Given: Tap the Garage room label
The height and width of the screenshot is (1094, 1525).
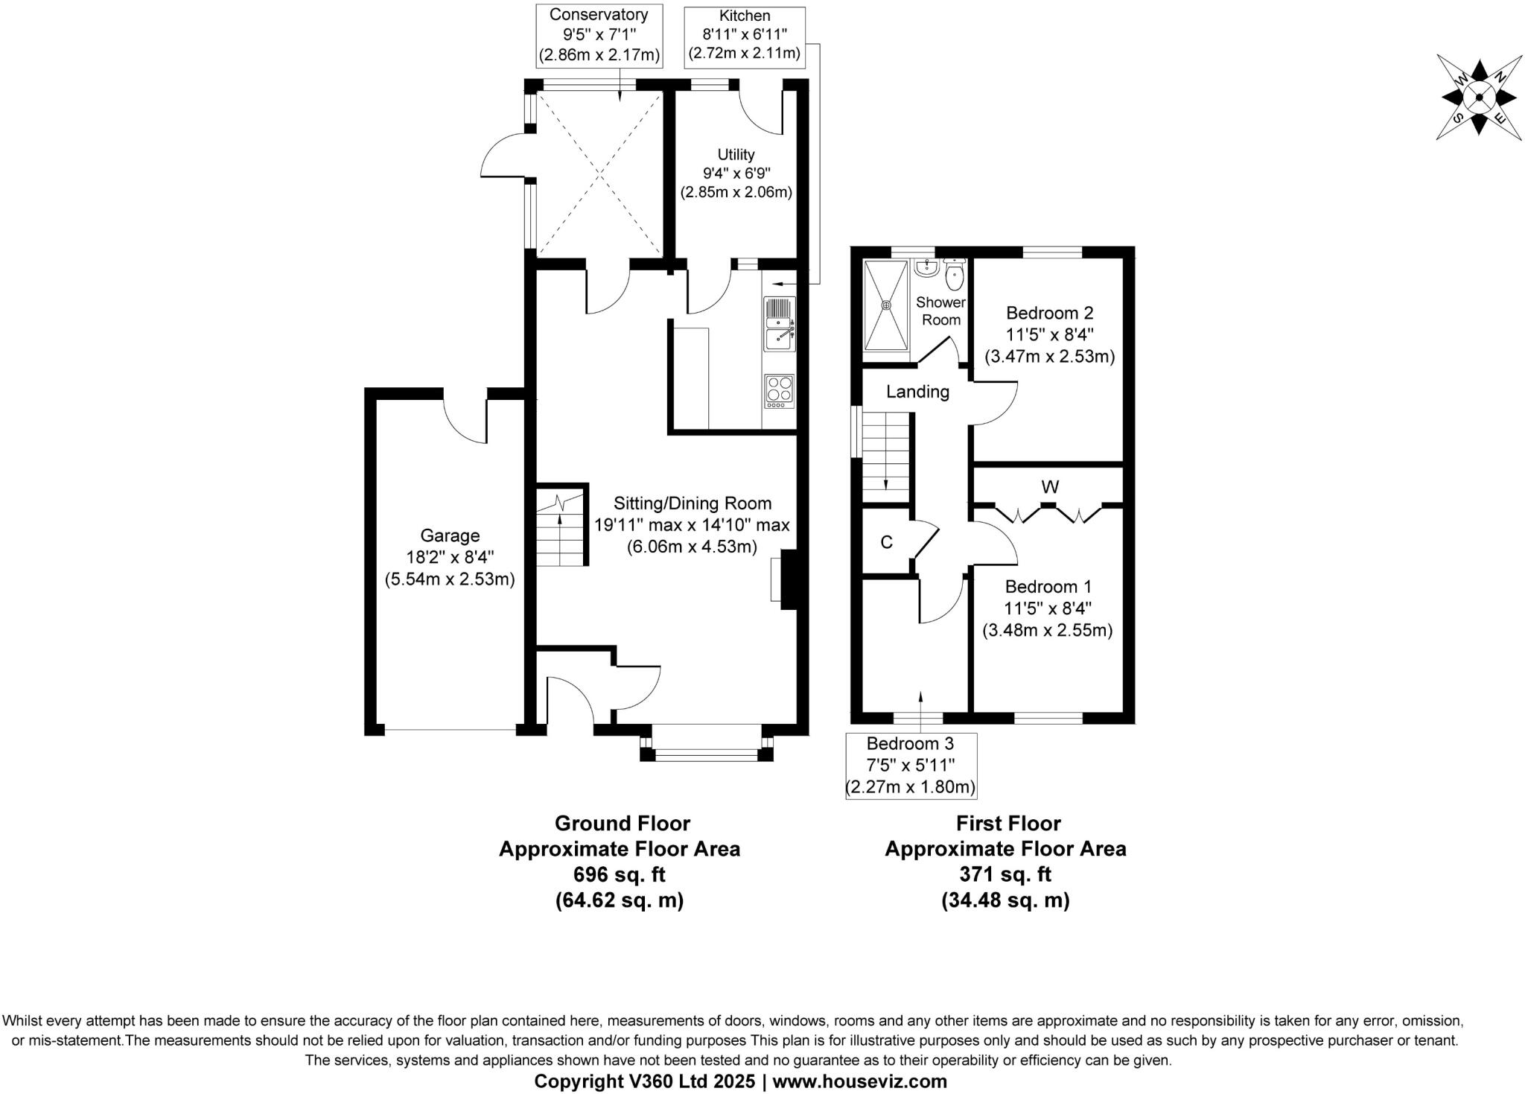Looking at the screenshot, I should tap(450, 535).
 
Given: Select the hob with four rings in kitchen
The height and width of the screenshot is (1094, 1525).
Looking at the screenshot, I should tap(779, 390).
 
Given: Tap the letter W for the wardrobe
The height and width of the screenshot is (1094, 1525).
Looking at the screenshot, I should tap(1050, 487).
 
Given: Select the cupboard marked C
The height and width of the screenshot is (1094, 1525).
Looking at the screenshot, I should tap(886, 542).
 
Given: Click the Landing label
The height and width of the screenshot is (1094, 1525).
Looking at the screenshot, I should tap(917, 392).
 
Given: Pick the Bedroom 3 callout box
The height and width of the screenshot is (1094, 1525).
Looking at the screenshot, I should tap(910, 766).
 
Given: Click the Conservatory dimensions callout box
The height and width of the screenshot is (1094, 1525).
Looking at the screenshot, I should tap(599, 34).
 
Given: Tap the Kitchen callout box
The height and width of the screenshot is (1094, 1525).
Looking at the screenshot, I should tap(745, 34).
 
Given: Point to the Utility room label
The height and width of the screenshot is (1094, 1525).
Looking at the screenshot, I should tap(736, 154).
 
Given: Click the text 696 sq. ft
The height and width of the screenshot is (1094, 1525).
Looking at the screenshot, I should tap(619, 874).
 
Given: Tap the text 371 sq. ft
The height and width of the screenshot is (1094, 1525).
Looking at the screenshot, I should tap(1005, 874).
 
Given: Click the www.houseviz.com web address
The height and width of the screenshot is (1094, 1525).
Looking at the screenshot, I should tap(859, 1081).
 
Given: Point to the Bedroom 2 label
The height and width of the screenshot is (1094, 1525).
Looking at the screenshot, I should tap(1049, 313).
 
